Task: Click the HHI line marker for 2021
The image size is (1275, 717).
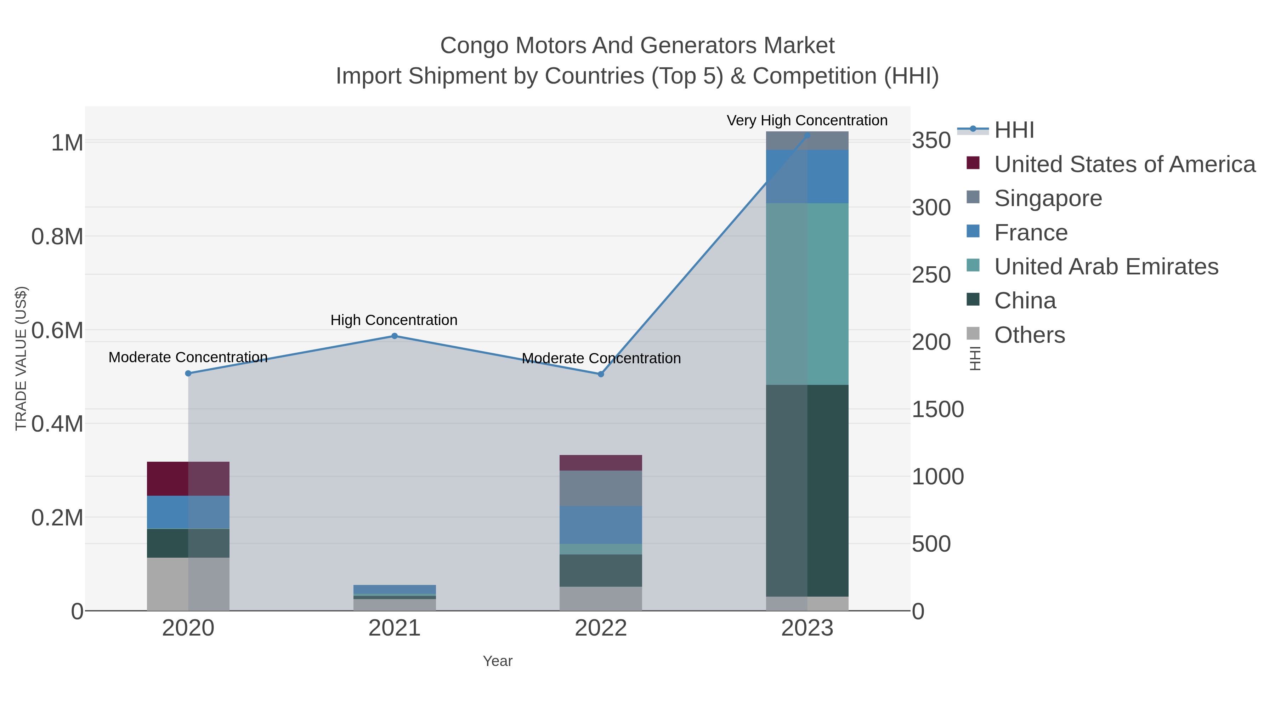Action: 395,336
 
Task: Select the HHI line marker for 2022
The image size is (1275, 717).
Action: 601,374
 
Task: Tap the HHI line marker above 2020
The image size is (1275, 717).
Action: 188,373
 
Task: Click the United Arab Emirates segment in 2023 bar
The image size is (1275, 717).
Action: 807,294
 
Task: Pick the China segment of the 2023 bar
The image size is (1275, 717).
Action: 807,490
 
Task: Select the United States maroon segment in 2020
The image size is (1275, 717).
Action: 188,478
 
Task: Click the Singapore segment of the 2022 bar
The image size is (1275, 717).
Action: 601,488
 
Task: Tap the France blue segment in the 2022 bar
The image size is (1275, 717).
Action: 601,524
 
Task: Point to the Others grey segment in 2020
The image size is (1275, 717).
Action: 188,584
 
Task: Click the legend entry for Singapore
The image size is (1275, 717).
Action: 1048,198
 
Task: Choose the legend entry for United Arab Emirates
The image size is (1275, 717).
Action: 1106,267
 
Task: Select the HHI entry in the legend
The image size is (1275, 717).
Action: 1014,130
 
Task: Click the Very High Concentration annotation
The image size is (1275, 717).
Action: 807,120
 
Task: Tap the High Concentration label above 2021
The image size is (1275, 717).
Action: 394,320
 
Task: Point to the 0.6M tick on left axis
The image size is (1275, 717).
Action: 57,331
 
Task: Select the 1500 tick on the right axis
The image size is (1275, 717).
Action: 938,409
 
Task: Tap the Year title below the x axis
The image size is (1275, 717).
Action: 498,661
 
